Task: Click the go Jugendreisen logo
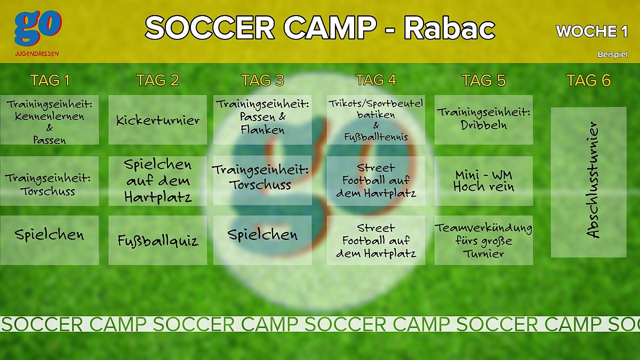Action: [37, 33]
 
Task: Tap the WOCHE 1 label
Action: [591, 31]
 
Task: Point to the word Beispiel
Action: [613, 54]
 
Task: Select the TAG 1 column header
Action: [50, 81]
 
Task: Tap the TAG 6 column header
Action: [589, 81]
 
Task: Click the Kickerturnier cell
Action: [158, 119]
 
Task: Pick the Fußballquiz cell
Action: [158, 240]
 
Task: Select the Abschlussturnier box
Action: [589, 182]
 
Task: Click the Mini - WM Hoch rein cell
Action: [484, 181]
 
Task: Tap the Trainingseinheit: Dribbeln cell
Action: [484, 119]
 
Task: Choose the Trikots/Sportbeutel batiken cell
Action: [375, 119]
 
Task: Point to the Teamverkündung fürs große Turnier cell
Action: [484, 240]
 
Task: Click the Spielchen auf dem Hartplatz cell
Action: [158, 181]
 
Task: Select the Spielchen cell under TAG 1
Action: [50, 240]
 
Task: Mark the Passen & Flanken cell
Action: [262, 119]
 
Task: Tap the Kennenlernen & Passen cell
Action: [50, 119]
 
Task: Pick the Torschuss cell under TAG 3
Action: [262, 181]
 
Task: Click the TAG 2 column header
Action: [158, 81]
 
